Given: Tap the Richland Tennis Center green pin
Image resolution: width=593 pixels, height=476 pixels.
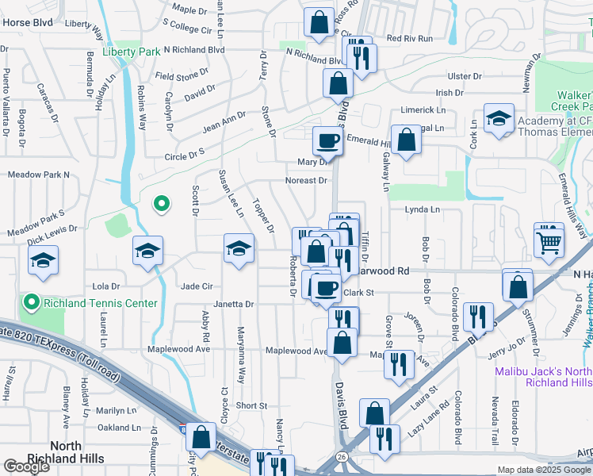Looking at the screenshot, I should (32, 302).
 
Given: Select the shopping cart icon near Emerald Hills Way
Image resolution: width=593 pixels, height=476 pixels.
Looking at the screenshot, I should (548, 240).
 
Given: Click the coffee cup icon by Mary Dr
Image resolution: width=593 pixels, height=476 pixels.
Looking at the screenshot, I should (328, 142).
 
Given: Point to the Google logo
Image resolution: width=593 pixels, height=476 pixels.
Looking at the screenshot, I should (26, 466).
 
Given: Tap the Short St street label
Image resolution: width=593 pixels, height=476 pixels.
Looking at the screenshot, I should (251, 405).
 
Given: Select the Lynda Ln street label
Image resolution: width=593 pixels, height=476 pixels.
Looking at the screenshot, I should (422, 209).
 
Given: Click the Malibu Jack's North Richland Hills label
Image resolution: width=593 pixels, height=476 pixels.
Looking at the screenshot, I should (543, 376).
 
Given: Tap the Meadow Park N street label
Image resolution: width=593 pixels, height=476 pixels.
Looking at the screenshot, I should (39, 175).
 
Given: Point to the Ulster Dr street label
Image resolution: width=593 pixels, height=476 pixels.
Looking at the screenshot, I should (465, 76).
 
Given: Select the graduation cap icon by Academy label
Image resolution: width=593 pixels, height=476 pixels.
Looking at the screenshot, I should (498, 120).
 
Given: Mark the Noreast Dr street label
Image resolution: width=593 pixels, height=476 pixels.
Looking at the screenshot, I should (306, 181).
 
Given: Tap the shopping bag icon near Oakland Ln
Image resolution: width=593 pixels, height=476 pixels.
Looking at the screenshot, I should (201, 436).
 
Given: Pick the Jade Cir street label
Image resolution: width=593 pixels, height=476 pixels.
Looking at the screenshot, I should (197, 286).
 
